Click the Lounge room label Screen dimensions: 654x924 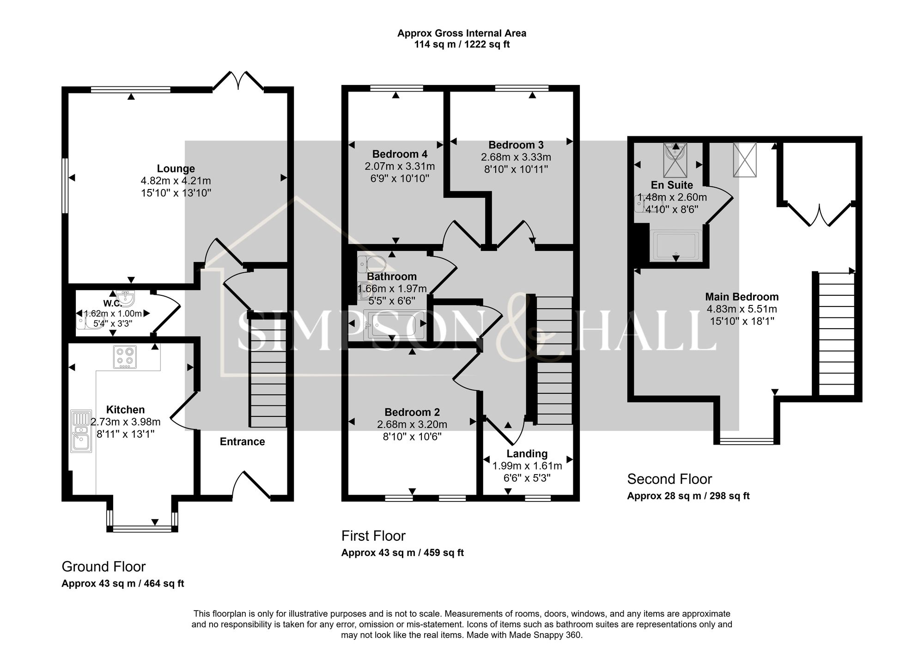pyautogui.click(x=176, y=169)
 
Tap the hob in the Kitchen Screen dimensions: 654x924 pyautogui.click(x=125, y=357)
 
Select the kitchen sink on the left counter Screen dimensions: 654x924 pyautogui.click(x=81, y=431)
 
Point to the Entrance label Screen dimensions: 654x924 pyautogui.click(x=242, y=442)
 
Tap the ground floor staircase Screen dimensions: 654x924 pyautogui.click(x=268, y=370)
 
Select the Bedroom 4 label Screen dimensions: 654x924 pyautogui.click(x=400, y=154)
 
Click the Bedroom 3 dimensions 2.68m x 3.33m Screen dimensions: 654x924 pyautogui.click(x=516, y=157)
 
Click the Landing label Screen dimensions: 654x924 pyautogui.click(x=527, y=454)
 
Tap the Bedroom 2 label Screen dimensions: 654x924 pyautogui.click(x=412, y=412)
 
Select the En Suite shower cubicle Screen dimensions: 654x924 pyautogui.click(x=675, y=160)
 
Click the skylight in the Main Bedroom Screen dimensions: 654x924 pyautogui.click(x=745, y=160)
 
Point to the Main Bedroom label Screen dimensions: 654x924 pyautogui.click(x=742, y=297)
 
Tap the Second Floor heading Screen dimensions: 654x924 pyautogui.click(x=669, y=479)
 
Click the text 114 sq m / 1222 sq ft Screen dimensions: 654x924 pyautogui.click(x=462, y=45)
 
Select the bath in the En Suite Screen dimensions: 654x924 pyautogui.click(x=676, y=245)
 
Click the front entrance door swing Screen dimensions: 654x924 pyautogui.click(x=250, y=485)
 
